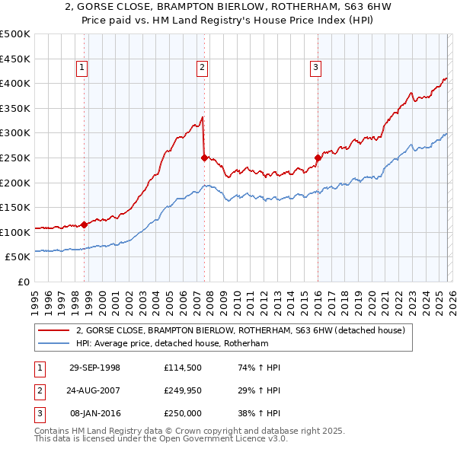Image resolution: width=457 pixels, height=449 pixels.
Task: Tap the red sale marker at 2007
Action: click(204, 158)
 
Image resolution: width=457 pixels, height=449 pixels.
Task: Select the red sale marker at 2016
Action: click(317, 158)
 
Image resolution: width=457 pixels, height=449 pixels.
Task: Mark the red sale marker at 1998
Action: click(85, 224)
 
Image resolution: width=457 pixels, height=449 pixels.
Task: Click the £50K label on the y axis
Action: click(18, 257)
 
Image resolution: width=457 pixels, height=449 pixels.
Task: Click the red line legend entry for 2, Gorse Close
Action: click(244, 330)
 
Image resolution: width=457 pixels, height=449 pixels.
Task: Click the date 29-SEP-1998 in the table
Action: click(94, 368)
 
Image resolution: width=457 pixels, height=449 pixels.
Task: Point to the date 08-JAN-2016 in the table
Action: click(94, 413)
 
